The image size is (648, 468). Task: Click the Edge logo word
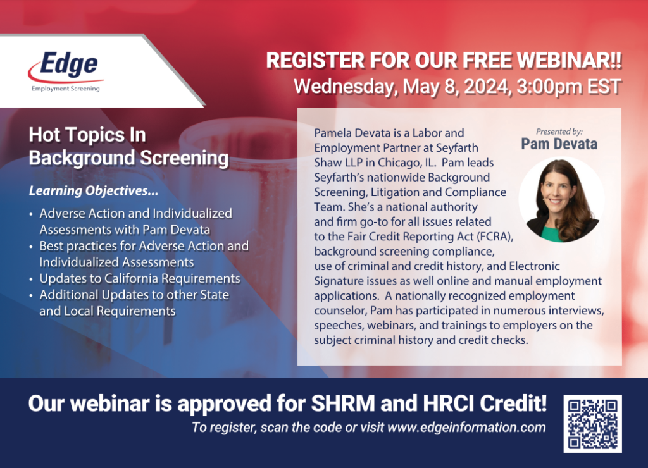click(x=68, y=64)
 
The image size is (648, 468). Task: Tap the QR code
click(x=592, y=424)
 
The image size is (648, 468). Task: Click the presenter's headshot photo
click(x=562, y=199)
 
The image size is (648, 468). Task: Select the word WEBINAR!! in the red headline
click(x=570, y=60)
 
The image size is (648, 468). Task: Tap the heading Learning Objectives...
click(x=94, y=191)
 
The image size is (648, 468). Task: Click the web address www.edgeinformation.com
click(x=466, y=427)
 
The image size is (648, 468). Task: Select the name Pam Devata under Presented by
click(x=559, y=144)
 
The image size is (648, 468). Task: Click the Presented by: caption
click(x=559, y=132)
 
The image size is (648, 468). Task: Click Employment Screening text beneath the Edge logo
click(x=66, y=89)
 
